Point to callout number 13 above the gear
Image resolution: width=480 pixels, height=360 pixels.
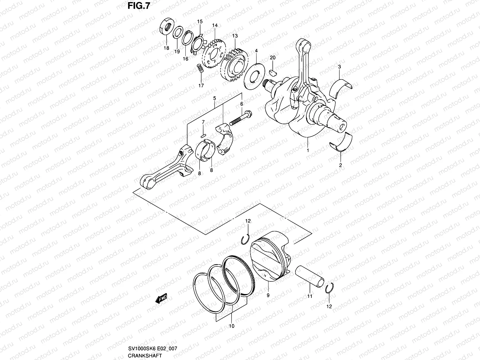[x=235, y=36]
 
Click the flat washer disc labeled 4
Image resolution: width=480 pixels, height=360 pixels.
[x=255, y=75]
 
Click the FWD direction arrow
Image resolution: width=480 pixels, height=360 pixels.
[x=161, y=299]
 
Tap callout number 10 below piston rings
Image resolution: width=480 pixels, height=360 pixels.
[x=232, y=326]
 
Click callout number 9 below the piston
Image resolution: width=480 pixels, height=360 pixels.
[x=268, y=295]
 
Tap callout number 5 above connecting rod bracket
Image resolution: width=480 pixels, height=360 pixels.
[x=214, y=98]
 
